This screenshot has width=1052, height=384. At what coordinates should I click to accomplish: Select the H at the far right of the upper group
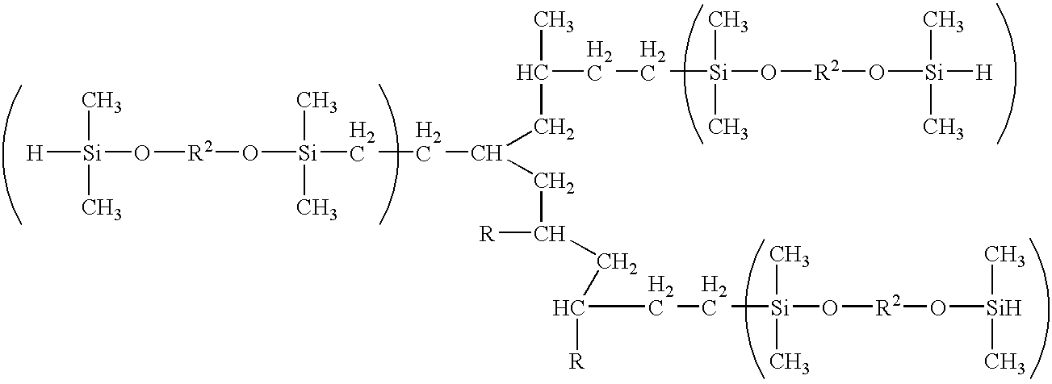(982, 73)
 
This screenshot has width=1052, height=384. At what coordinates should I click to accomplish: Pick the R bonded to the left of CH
(486, 235)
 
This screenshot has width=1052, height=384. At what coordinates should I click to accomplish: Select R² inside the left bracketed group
(196, 152)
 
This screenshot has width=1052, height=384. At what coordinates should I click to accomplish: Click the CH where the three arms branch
(486, 153)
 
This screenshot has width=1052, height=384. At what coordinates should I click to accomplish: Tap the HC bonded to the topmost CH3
(533, 74)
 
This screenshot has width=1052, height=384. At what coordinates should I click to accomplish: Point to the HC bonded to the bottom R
(568, 308)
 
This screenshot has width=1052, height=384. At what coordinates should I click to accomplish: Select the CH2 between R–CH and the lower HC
(614, 261)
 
